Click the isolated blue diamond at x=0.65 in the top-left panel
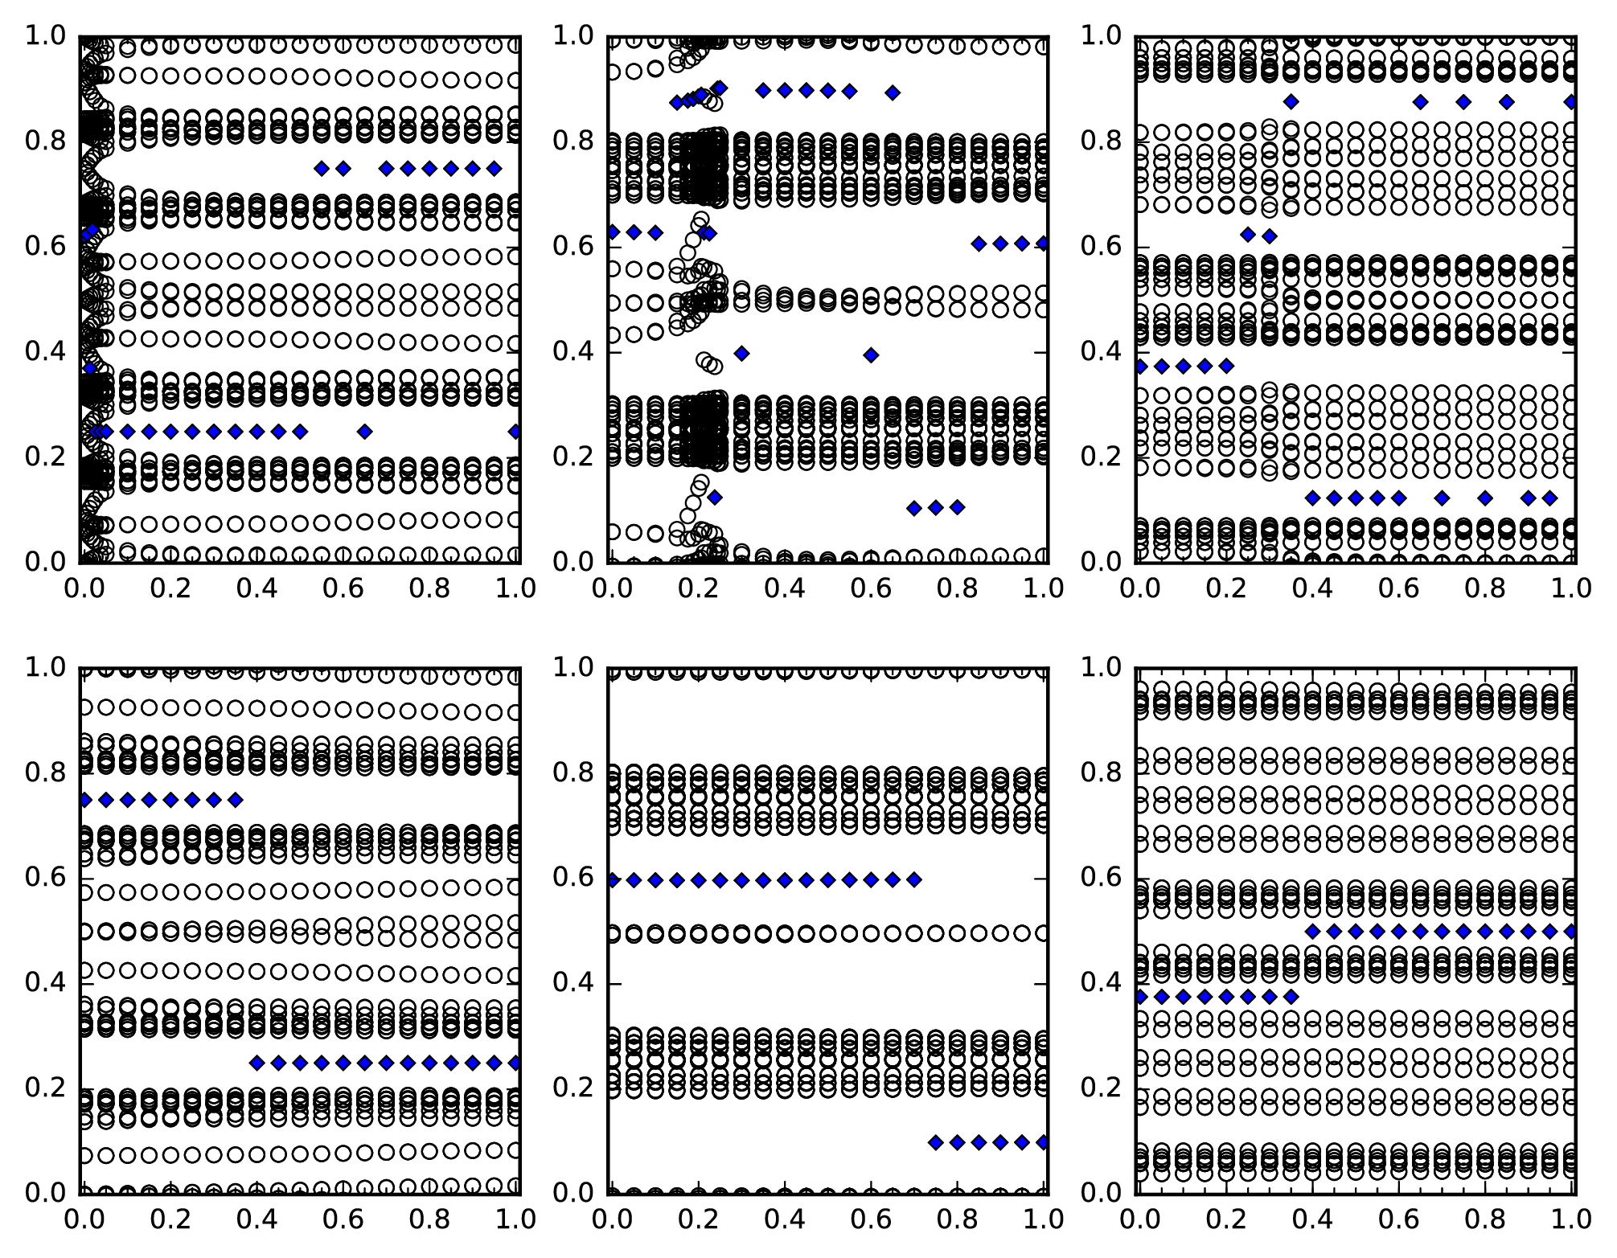tap(365, 432)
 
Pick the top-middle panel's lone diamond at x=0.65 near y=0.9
tap(893, 92)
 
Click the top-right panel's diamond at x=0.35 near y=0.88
tap(1291, 102)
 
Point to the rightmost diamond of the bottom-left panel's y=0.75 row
tap(235, 800)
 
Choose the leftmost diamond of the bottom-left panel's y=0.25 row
tap(257, 1063)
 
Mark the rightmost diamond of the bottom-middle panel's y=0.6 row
tap(914, 879)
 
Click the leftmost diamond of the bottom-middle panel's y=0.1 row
tap(935, 1142)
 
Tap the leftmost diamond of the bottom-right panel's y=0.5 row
tap(1312, 932)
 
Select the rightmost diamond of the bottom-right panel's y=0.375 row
tap(1291, 997)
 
